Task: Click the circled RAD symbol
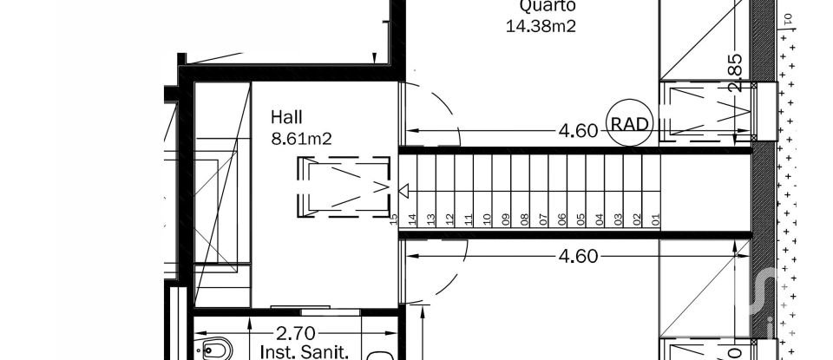point(629,124)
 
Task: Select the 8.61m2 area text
point(303,137)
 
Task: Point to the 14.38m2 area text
point(541,25)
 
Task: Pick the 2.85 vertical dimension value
point(736,73)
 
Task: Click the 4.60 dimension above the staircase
point(578,131)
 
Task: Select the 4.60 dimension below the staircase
point(578,256)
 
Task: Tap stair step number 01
point(656,219)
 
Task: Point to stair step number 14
point(413,219)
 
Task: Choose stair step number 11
point(469,219)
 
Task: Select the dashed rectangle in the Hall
point(344,185)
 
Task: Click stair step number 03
point(619,219)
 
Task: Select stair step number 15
point(395,219)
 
